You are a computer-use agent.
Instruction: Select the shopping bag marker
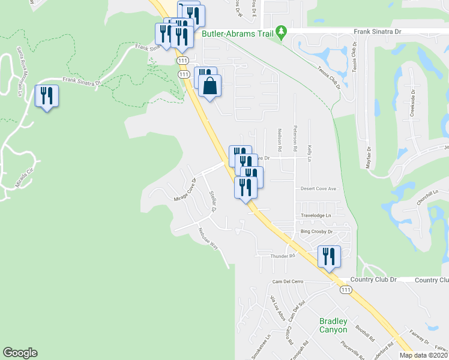click(x=209, y=86)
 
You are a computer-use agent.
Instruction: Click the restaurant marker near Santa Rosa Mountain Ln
click(x=46, y=96)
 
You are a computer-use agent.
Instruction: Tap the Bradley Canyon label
click(x=333, y=326)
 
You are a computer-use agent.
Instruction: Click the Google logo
click(x=20, y=353)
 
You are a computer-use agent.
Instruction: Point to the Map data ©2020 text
click(x=423, y=355)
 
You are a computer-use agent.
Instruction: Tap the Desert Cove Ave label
click(x=317, y=188)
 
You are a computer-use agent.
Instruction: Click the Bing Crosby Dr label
click(x=316, y=231)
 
